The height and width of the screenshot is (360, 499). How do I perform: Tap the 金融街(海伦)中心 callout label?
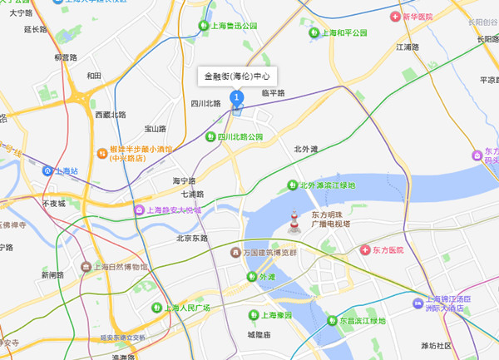pos(237,76)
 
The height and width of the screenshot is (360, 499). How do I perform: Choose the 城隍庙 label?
pos(259,334)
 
